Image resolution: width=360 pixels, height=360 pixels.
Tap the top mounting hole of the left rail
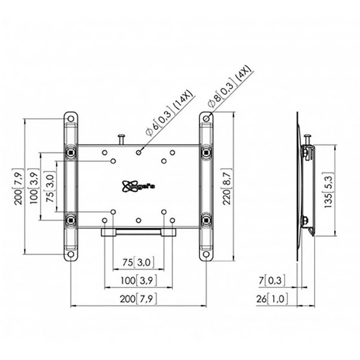[x=71, y=118]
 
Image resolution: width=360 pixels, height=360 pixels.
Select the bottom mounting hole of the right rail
[x=206, y=254]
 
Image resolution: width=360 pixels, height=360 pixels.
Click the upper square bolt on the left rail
[x=71, y=152]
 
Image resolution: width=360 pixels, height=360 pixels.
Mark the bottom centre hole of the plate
[x=138, y=220]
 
